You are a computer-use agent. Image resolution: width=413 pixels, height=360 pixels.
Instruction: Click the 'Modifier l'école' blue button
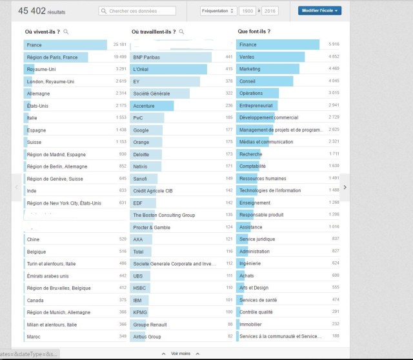point(319,10)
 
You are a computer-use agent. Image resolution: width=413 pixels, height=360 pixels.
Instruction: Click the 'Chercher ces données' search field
point(137,11)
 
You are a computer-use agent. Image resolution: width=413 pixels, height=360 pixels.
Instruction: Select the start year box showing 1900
point(247,11)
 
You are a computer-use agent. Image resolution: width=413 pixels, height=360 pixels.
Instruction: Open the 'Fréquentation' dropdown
point(217,11)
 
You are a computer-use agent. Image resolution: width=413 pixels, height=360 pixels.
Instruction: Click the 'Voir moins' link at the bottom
point(181,354)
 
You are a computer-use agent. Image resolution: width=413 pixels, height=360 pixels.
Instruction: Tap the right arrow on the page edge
point(345,187)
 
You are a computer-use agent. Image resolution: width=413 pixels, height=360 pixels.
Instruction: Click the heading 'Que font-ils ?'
point(254,31)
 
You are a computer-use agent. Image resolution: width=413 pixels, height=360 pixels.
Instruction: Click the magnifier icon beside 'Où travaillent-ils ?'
point(181,31)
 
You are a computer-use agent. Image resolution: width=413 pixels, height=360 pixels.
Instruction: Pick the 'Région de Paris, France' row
point(52,57)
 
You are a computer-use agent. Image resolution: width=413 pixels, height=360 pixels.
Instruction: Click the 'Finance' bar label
point(248,45)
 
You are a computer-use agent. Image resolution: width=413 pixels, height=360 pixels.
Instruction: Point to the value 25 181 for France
point(119,45)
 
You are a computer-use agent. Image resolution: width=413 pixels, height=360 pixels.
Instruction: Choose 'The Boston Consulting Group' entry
point(164,215)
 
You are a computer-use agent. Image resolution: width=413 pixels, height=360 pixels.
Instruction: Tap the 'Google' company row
point(141,130)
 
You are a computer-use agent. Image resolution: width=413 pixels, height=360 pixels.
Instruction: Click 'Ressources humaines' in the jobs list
point(262,178)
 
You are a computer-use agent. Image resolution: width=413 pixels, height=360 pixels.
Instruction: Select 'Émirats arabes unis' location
point(48,275)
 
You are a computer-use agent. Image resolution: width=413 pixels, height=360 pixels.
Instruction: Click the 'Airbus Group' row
point(146,336)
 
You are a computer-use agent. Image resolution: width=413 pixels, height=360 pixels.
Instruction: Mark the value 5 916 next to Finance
point(334,45)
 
